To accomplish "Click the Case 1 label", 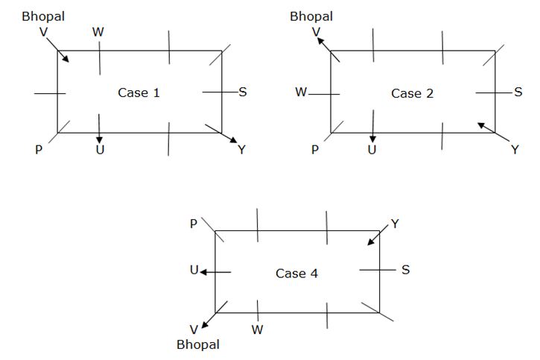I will [x=139, y=93].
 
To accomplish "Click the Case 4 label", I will [x=296, y=274].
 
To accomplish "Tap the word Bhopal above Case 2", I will [x=311, y=16].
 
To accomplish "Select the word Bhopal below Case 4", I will [x=198, y=345].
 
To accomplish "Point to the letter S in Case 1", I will [x=243, y=92].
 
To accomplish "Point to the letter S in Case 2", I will [x=518, y=92].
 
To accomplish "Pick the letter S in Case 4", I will [x=405, y=270].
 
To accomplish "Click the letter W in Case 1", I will [x=98, y=32].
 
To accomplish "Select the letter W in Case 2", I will [x=301, y=92].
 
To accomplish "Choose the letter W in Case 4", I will [x=257, y=329].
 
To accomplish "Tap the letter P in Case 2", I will [x=315, y=150].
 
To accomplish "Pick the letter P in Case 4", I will [x=194, y=223].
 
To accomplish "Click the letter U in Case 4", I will [x=194, y=271].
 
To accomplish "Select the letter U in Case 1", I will [x=100, y=150].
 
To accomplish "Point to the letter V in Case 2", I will [x=316, y=32].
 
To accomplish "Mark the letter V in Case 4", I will [x=194, y=329].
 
